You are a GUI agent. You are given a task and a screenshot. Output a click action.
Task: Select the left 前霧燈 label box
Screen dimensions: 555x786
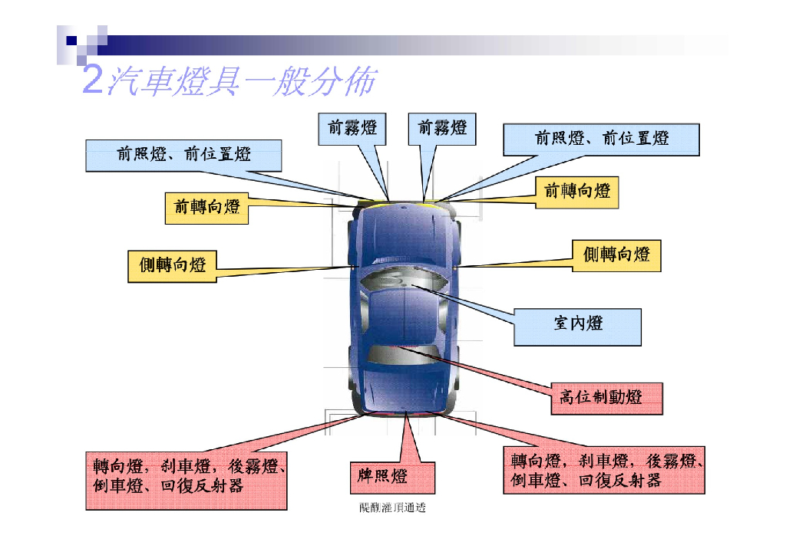pos(352,130)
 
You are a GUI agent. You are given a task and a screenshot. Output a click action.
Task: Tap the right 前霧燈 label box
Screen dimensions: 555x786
pos(442,130)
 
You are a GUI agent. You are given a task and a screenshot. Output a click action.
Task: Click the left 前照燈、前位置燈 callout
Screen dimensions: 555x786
pos(183,155)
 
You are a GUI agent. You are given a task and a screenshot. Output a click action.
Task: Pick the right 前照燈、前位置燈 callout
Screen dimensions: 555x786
pos(601,140)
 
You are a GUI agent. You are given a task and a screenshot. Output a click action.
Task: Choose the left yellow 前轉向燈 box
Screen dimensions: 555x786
pos(206,208)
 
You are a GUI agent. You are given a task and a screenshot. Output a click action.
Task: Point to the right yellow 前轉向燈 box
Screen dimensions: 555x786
pos(576,192)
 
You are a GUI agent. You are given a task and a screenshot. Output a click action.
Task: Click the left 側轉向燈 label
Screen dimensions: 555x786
pos(172,266)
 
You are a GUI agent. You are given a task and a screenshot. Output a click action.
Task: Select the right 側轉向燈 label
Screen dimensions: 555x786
pos(616,255)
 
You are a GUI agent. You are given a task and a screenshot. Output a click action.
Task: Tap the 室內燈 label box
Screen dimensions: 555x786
pos(577,324)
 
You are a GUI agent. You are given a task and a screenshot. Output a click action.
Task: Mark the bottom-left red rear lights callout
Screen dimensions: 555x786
pos(186,477)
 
